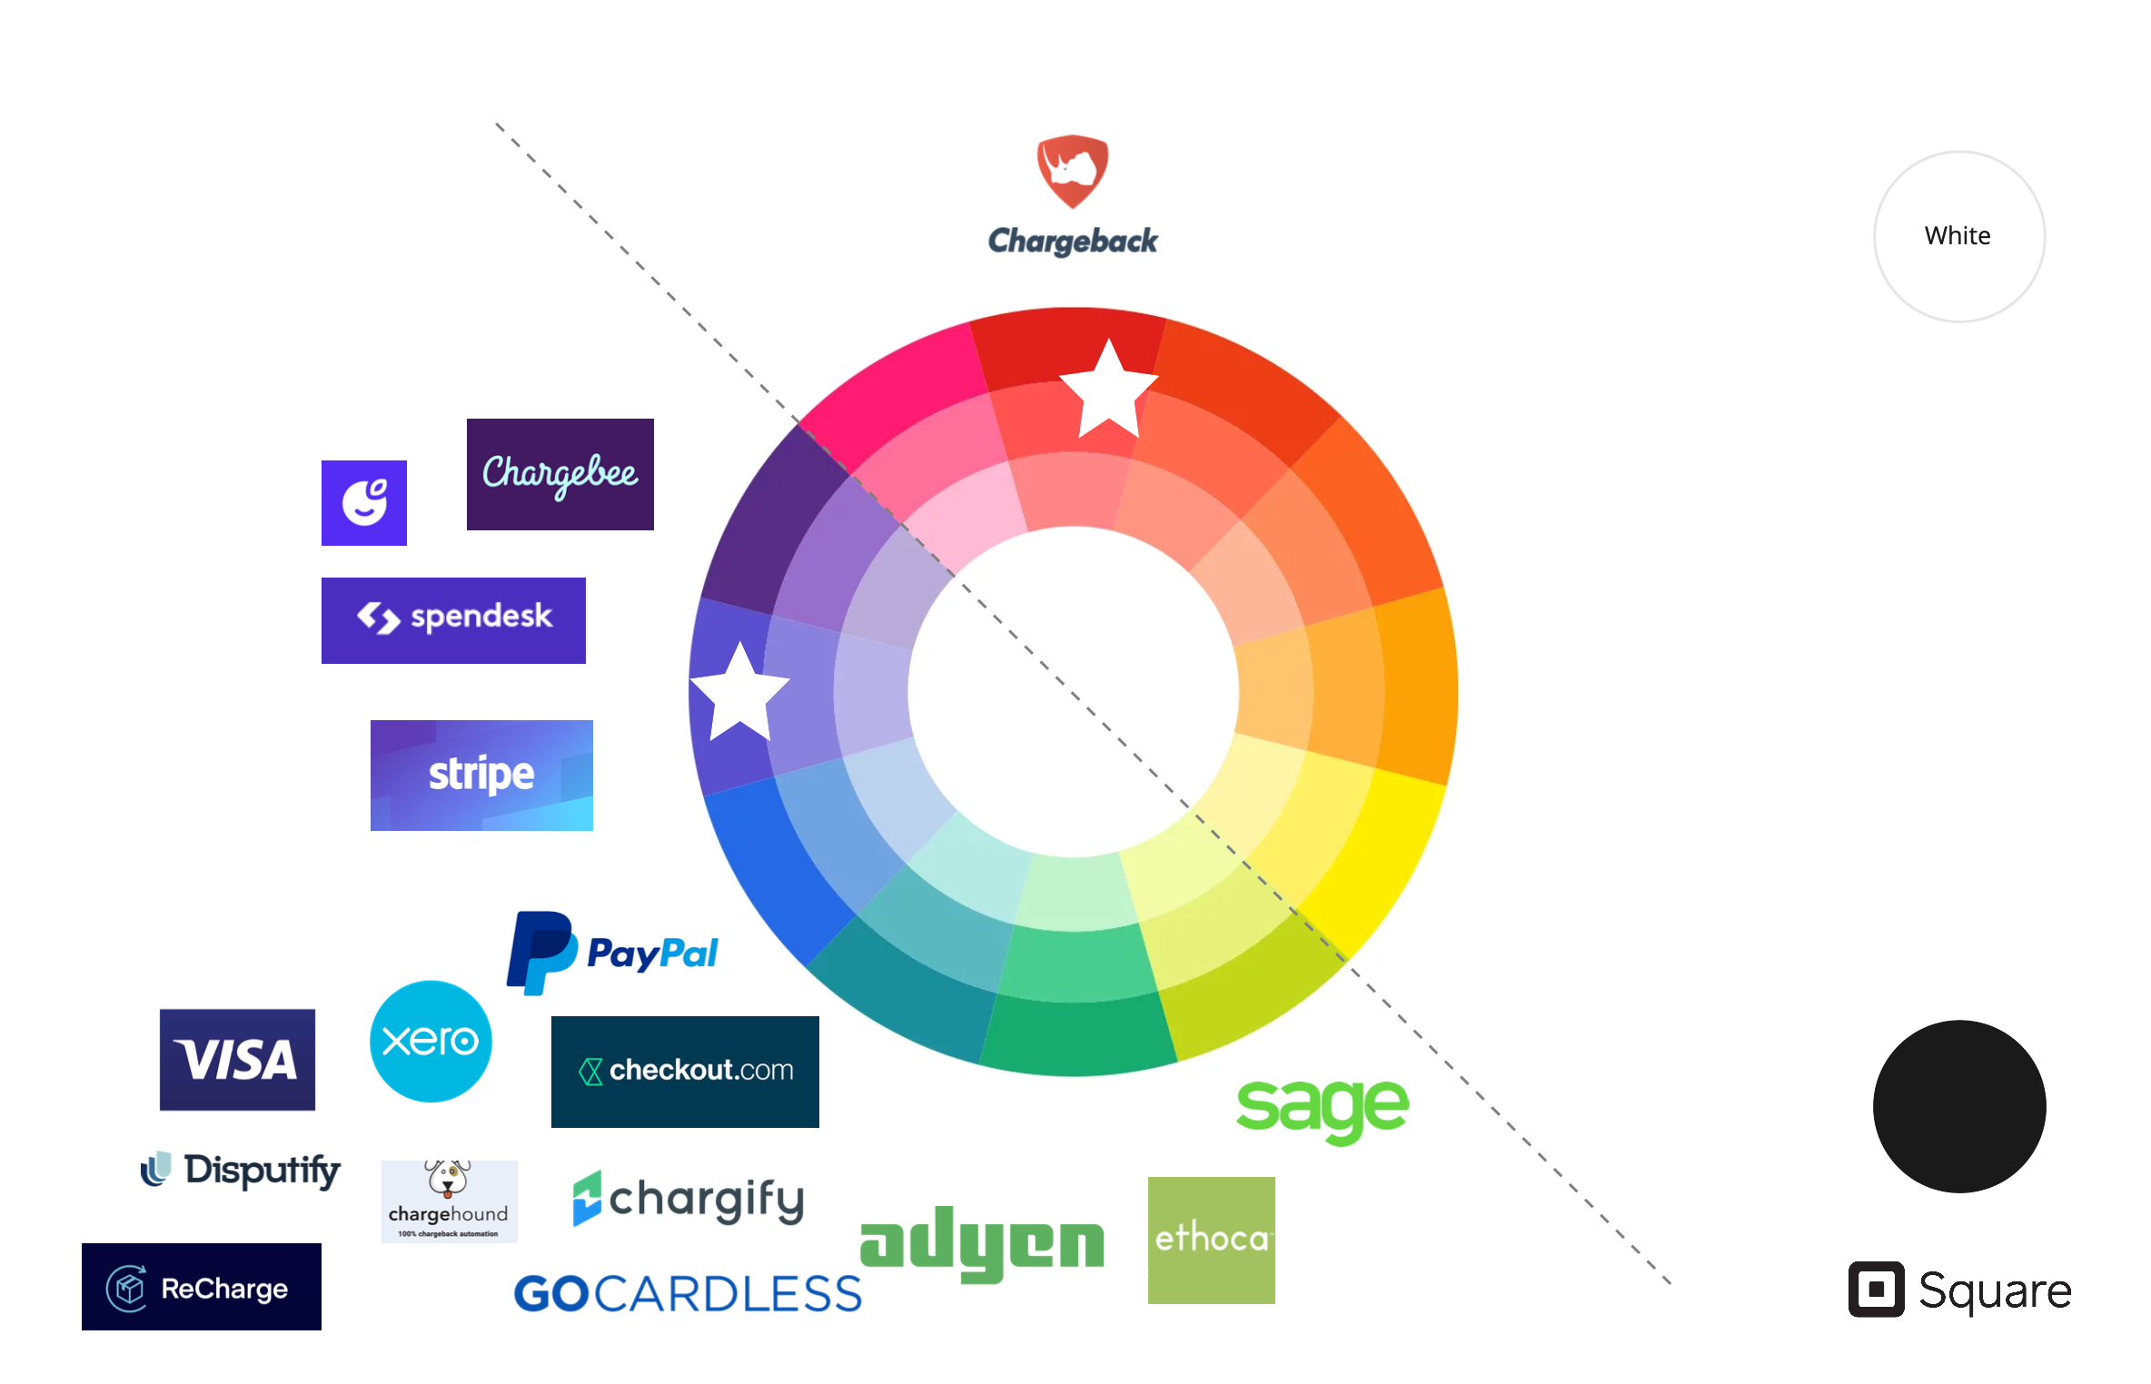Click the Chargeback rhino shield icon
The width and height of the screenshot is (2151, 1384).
[1073, 171]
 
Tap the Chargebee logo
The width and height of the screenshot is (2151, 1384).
[560, 474]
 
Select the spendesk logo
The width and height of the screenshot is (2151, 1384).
[453, 620]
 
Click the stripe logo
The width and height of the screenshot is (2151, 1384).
[481, 775]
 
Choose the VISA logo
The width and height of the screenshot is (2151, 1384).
[237, 1059]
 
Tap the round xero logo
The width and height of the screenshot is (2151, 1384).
[431, 1041]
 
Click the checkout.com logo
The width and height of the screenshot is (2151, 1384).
[685, 1072]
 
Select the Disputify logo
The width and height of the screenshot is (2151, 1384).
[241, 1170]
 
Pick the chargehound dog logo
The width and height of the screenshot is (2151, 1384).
[449, 1201]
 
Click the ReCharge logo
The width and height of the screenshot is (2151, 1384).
[202, 1287]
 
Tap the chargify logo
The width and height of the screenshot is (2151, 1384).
[689, 1199]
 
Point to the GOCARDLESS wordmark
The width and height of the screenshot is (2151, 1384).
[688, 1293]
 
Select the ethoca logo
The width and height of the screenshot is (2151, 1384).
[1211, 1240]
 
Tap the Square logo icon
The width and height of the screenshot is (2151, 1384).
[1876, 1289]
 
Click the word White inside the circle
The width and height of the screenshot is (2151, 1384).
[1958, 236]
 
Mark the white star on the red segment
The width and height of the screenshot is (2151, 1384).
[1108, 390]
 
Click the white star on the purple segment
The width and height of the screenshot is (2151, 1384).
[739, 693]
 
